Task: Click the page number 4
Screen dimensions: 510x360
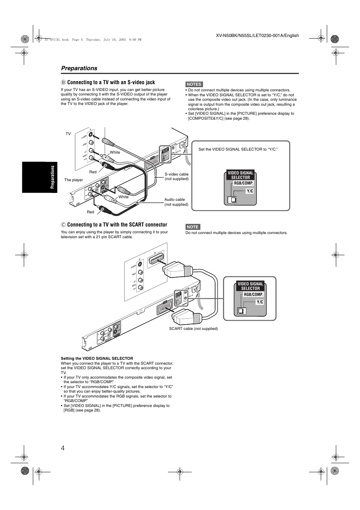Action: pyautogui.click(x=63, y=448)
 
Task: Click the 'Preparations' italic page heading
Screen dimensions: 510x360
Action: pyautogui.click(x=79, y=68)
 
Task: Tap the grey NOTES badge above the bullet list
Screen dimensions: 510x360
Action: pyautogui.click(x=194, y=84)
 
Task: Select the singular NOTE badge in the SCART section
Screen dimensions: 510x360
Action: pyautogui.click(x=192, y=227)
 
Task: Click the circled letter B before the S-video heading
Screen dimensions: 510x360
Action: pyautogui.click(x=63, y=82)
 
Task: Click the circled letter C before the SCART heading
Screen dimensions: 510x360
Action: pyautogui.click(x=63, y=225)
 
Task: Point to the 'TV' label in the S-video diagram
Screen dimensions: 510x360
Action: pyautogui.click(x=68, y=134)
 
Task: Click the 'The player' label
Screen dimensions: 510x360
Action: pyautogui.click(x=74, y=180)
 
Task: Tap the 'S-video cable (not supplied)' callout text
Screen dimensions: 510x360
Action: pyautogui.click(x=177, y=176)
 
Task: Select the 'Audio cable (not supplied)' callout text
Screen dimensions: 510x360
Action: pyautogui.click(x=176, y=202)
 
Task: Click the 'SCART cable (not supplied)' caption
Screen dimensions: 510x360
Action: pyautogui.click(x=193, y=329)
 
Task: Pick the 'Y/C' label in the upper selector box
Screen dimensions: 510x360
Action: pyautogui.click(x=250, y=191)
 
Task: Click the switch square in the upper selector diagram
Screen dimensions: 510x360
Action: pyautogui.click(x=233, y=200)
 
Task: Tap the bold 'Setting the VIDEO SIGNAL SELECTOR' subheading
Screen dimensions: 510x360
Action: pyautogui.click(x=97, y=358)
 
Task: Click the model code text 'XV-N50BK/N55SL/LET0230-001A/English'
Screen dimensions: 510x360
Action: pyautogui.click(x=257, y=35)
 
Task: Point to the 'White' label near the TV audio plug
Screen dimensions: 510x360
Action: pyautogui.click(x=115, y=153)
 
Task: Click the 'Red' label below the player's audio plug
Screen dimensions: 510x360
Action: pyautogui.click(x=91, y=212)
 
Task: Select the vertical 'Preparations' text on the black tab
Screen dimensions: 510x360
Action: pyautogui.click(x=53, y=177)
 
